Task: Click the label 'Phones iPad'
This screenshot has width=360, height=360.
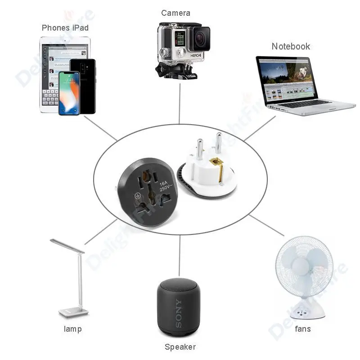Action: [x=65, y=28]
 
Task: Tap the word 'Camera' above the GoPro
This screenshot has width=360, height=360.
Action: [x=175, y=13]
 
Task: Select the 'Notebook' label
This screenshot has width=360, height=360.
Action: [x=291, y=46]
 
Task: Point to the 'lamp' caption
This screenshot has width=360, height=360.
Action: [x=72, y=329]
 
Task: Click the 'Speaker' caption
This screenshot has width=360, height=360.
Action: [x=180, y=346]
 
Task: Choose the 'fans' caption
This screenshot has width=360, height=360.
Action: [x=303, y=328]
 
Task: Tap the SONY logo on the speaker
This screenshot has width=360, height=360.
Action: [x=179, y=313]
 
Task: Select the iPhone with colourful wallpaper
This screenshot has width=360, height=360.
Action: [x=69, y=93]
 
